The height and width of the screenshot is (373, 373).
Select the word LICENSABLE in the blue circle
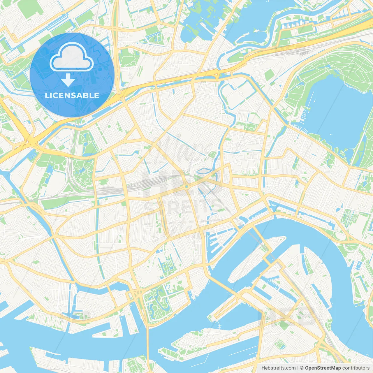72,95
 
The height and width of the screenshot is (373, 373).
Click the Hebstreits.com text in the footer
278,368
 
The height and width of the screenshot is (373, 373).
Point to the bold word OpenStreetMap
323,368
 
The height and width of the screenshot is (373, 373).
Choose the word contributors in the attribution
356,368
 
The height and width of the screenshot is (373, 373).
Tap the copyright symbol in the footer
302,368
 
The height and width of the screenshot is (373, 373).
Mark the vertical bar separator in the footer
298,368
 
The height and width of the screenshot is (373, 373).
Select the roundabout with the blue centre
186,186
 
